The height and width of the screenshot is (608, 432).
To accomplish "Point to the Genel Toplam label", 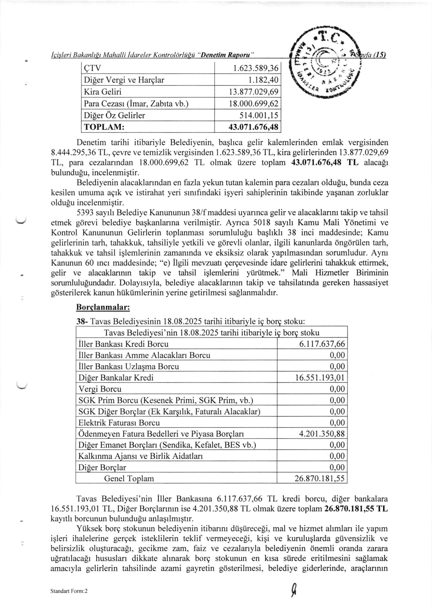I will click(129, 479).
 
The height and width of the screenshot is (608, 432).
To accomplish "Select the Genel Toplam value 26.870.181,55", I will click(319, 479).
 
